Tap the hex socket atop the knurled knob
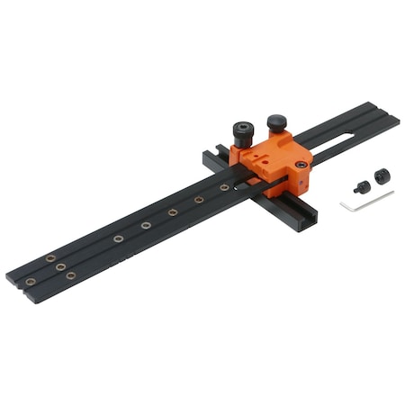tap(243, 128)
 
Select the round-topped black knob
tap(276, 121)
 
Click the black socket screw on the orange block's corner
tap(300, 167)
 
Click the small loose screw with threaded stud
tap(362, 187)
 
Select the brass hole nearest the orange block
tap(225, 187)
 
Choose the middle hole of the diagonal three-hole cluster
tap(60, 266)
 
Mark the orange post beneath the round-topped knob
tap(276, 135)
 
